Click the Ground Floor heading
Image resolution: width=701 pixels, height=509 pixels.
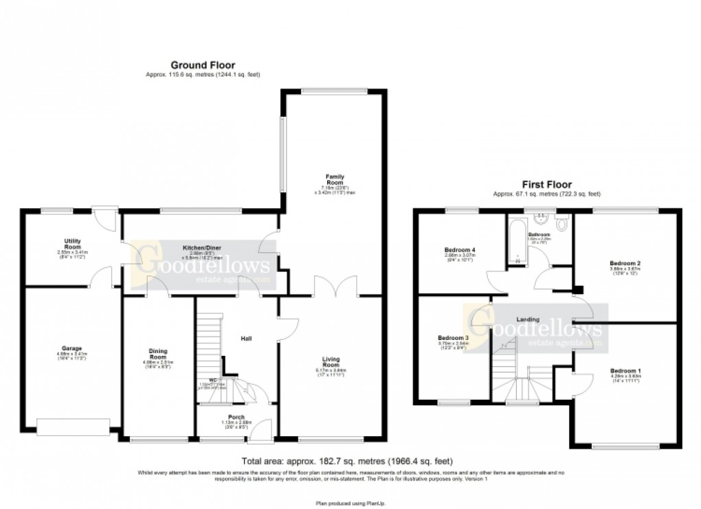(203, 65)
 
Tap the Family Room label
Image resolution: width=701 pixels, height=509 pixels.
(334, 180)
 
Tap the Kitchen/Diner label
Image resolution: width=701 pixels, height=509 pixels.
(200, 247)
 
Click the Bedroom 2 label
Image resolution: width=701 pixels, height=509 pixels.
(625, 262)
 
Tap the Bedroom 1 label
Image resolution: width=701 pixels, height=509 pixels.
(625, 371)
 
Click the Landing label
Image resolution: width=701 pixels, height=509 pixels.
(528, 319)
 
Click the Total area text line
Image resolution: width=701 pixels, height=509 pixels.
(347, 461)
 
